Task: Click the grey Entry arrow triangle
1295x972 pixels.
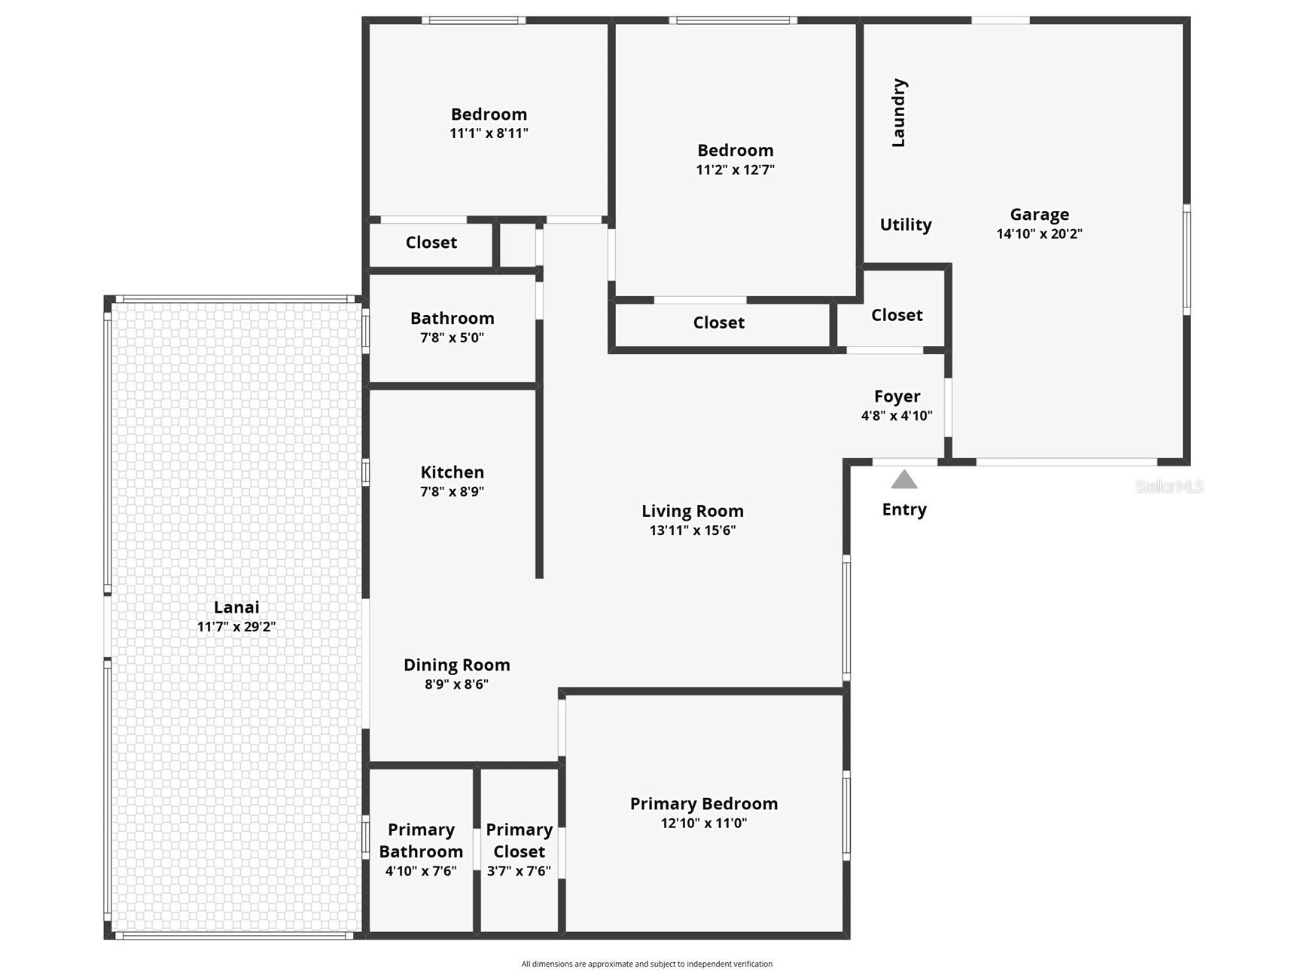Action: [904, 480]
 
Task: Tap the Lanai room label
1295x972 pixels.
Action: [236, 607]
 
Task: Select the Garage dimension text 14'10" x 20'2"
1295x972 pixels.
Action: [1039, 234]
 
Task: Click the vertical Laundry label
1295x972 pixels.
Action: [898, 112]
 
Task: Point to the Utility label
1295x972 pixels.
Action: [906, 225]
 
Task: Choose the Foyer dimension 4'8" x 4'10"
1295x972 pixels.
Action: [897, 415]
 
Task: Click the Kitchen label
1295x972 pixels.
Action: [452, 472]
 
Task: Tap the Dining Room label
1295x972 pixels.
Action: [456, 665]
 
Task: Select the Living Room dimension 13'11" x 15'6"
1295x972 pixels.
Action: [692, 530]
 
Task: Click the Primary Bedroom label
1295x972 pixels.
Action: [703, 804]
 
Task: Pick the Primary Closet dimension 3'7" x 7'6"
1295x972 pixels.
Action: [519, 871]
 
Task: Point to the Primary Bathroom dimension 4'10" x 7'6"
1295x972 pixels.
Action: [421, 871]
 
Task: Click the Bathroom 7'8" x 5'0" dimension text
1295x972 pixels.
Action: [452, 338]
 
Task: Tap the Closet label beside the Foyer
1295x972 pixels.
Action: [897, 315]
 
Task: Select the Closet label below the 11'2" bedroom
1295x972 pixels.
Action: [718, 322]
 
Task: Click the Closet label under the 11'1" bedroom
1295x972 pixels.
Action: [431, 243]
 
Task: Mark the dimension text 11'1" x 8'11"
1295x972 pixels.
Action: [489, 133]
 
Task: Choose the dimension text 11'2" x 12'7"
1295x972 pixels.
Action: [735, 170]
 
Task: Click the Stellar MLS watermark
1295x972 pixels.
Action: [1169, 487]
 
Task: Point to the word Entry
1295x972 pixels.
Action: [904, 509]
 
